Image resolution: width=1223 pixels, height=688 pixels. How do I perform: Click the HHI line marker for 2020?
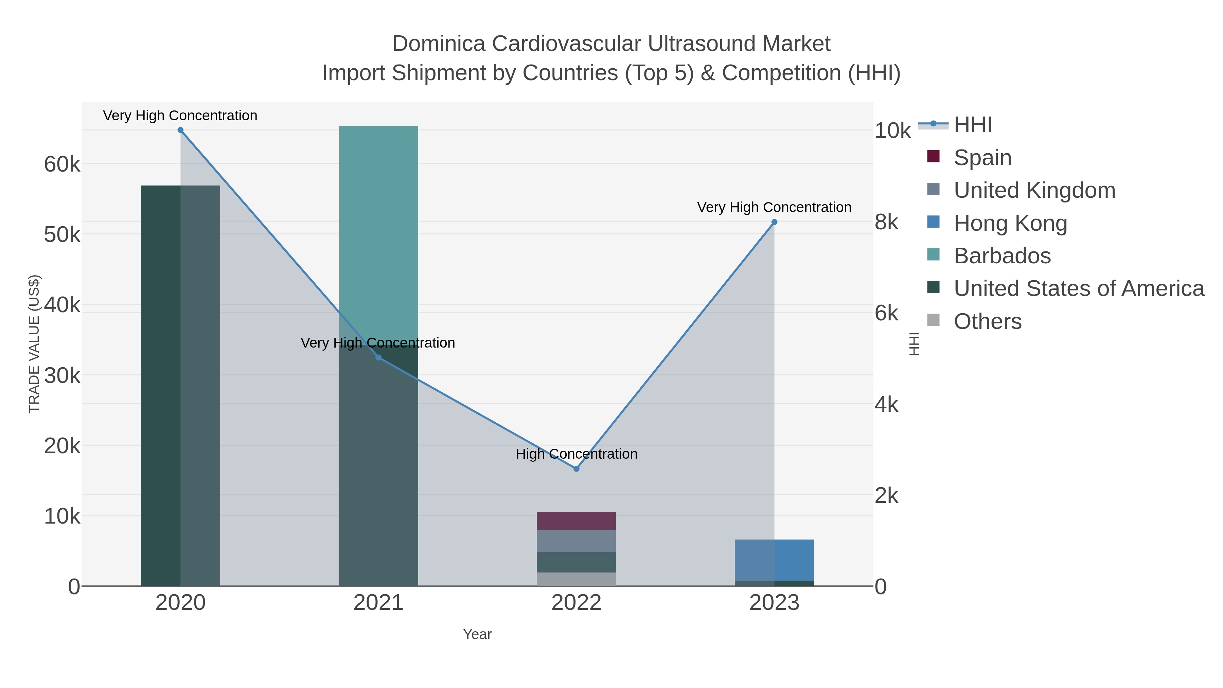pyautogui.click(x=180, y=130)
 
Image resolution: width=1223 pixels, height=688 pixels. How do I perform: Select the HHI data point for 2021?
pyautogui.click(x=378, y=357)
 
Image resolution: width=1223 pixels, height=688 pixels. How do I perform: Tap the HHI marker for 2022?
pyautogui.click(x=577, y=469)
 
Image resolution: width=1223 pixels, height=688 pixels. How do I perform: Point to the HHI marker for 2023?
pyautogui.click(x=774, y=222)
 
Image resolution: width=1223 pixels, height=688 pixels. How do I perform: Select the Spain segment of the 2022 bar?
pyautogui.click(x=577, y=521)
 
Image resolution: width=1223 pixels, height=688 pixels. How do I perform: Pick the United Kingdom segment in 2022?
pyautogui.click(x=577, y=541)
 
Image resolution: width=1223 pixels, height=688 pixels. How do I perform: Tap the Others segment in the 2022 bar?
pyautogui.click(x=577, y=579)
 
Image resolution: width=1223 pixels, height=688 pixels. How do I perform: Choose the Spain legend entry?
pyautogui.click(x=982, y=158)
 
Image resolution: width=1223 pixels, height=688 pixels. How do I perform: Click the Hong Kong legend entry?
pyautogui.click(x=1010, y=223)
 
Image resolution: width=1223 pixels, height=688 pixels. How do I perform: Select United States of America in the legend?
pyautogui.click(x=1078, y=289)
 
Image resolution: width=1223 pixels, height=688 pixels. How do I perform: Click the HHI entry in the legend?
pyautogui.click(x=973, y=125)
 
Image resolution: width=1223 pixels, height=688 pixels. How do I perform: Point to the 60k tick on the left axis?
pyautogui.click(x=62, y=165)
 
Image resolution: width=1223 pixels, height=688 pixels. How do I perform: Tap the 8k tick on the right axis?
pyautogui.click(x=886, y=222)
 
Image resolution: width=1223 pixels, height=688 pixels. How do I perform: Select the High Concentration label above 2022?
pyautogui.click(x=577, y=454)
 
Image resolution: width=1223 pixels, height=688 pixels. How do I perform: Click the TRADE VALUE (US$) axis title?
pyautogui.click(x=34, y=344)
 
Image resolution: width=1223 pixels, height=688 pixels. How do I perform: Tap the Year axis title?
pyautogui.click(x=477, y=634)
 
